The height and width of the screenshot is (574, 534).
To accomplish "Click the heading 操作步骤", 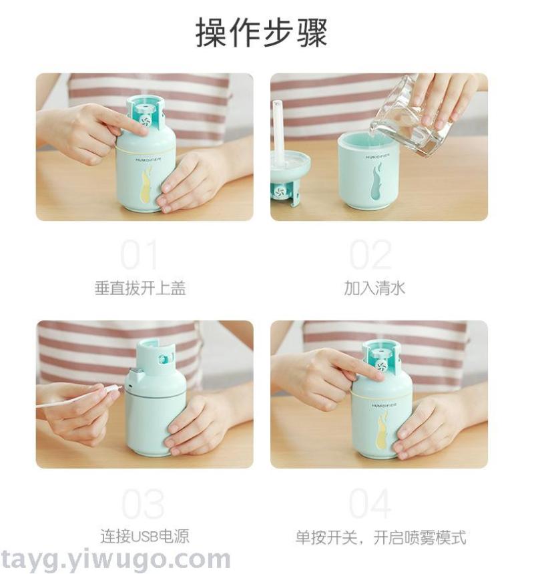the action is (x=262, y=33).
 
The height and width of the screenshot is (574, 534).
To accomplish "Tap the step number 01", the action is (x=140, y=255).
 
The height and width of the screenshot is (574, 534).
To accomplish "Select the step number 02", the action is (x=370, y=255).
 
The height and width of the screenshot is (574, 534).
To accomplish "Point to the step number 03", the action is (x=143, y=504).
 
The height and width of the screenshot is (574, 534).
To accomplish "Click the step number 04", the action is (x=370, y=504).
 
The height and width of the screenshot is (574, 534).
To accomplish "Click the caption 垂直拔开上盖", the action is (x=140, y=288).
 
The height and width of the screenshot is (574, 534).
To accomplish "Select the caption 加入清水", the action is (x=374, y=288).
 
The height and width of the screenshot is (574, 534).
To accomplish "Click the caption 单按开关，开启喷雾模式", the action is (x=381, y=537).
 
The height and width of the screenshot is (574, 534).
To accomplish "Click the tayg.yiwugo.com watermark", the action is (x=115, y=560).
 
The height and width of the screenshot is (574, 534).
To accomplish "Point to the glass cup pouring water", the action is (x=411, y=117).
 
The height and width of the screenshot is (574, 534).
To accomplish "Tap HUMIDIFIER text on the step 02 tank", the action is (x=378, y=158).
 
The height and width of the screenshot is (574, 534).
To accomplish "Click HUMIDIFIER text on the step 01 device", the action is (x=149, y=160).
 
